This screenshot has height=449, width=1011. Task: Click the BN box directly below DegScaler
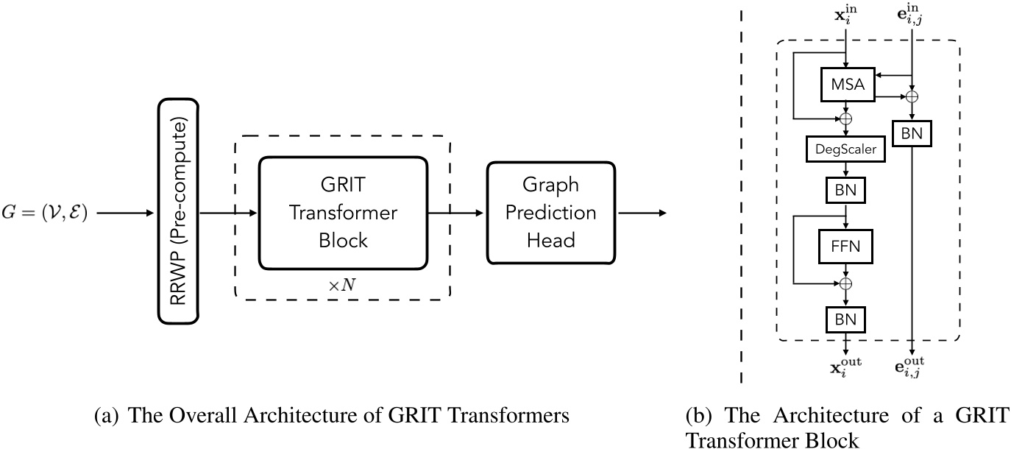pyautogui.click(x=846, y=191)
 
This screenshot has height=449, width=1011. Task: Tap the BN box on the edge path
pyautogui.click(x=912, y=133)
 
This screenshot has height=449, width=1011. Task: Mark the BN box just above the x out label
pyautogui.click(x=846, y=319)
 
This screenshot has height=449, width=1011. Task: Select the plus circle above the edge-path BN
pyautogui.click(x=912, y=96)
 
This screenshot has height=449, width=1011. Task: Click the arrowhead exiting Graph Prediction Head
pyautogui.click(x=663, y=213)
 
